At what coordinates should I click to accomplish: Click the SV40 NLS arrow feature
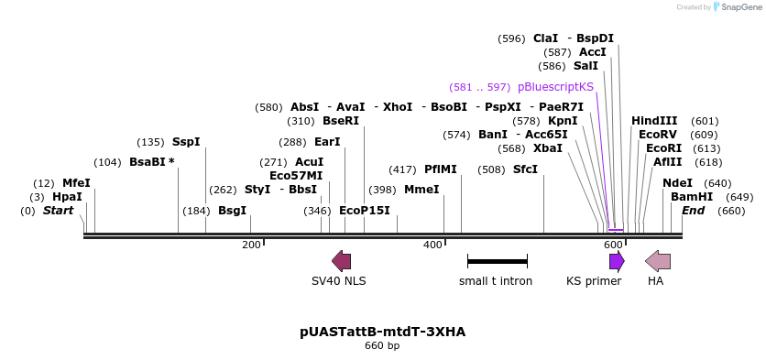tap(341, 261)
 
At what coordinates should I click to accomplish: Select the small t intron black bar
tap(497, 261)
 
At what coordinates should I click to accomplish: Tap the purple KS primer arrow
tap(617, 261)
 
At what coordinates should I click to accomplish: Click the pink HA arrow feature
tap(658, 261)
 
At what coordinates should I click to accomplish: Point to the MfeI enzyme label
tap(76, 183)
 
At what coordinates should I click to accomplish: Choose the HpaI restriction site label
tap(67, 197)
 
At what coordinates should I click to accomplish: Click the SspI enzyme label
tap(186, 142)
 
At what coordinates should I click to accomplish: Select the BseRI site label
tap(341, 121)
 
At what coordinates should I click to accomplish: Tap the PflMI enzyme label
tap(439, 169)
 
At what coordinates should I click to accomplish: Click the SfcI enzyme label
tap(525, 169)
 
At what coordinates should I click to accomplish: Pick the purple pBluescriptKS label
tap(555, 87)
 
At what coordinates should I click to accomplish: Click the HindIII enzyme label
tap(654, 121)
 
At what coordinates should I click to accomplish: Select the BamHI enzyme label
tap(692, 197)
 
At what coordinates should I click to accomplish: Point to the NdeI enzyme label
tap(677, 183)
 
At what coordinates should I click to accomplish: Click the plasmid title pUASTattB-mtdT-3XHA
tap(382, 332)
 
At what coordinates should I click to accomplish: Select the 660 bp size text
tap(382, 346)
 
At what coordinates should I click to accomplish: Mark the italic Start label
tap(58, 211)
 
